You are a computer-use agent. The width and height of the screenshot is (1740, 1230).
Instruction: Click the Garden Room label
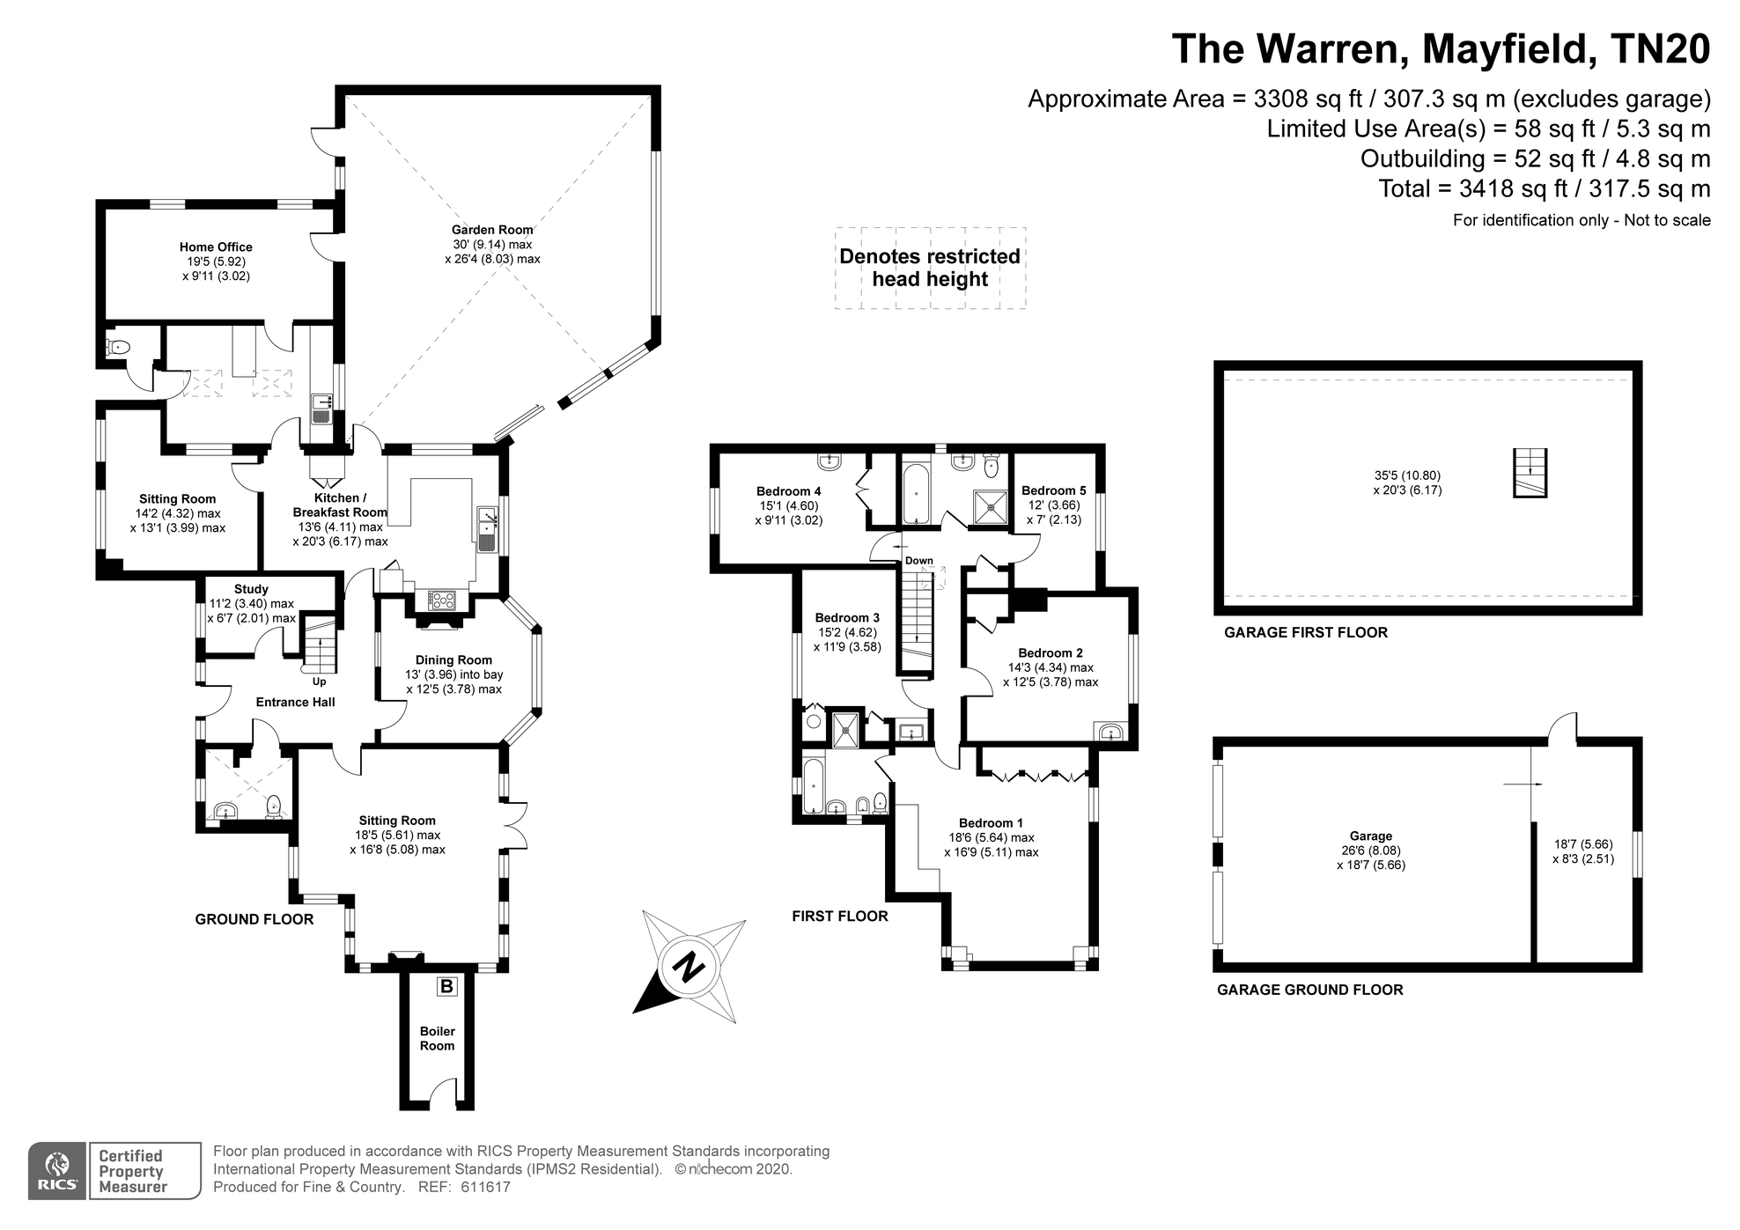coord(492,230)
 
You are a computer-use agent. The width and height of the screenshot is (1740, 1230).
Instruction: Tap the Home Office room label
coord(216,247)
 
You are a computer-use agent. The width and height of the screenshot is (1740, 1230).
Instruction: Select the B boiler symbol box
coord(446,986)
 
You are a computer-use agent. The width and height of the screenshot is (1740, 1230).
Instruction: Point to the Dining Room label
coord(453,660)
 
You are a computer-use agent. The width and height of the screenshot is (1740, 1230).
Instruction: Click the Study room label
coord(251,589)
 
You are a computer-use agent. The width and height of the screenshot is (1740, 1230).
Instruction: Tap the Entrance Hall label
coord(295,702)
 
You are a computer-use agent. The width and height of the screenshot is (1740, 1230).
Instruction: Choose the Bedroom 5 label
coord(1053,490)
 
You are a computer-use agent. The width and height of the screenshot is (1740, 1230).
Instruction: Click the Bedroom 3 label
coord(847,618)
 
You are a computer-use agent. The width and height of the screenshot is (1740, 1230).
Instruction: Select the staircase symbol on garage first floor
coord(1530,474)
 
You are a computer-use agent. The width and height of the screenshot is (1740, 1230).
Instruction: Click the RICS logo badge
coord(57,1171)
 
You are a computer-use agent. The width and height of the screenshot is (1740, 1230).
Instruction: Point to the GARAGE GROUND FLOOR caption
coord(1309,990)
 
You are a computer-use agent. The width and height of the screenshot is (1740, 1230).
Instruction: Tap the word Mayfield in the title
coord(1495,48)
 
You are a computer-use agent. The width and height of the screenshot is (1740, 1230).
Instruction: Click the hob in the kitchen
coord(442,600)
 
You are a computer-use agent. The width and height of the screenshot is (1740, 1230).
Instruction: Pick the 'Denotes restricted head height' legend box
coord(930,268)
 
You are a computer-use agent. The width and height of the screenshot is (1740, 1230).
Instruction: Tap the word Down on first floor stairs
coord(918,561)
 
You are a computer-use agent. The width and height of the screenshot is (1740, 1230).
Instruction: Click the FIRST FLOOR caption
coord(840,917)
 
